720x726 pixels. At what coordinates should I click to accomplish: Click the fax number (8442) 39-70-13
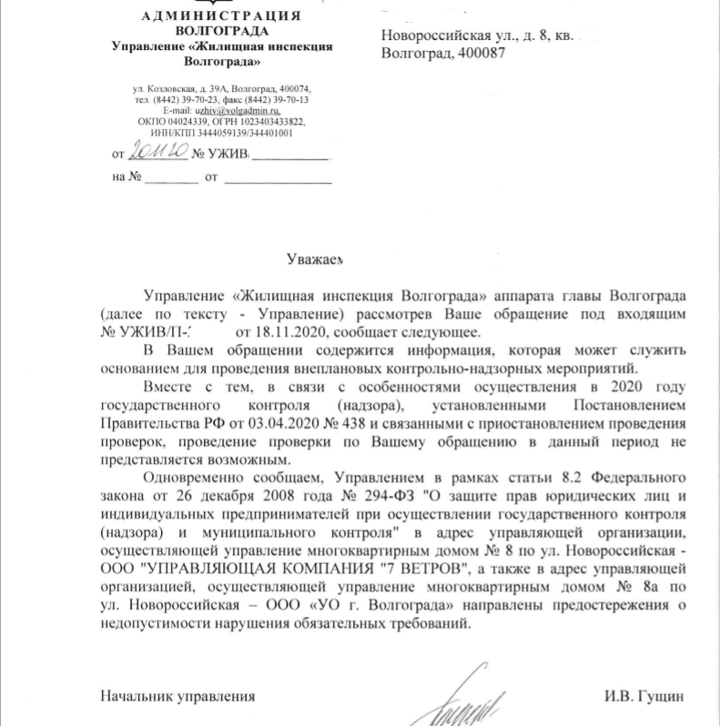pyautogui.click(x=277, y=99)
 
